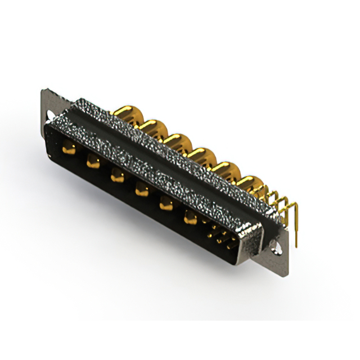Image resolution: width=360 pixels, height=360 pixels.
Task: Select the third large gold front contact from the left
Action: coord(116,177)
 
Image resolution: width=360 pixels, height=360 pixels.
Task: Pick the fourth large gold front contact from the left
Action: coord(140,191)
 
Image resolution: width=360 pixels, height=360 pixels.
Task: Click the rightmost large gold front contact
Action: coord(190,217)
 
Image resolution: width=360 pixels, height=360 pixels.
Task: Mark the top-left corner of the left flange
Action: coord(42,89)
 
